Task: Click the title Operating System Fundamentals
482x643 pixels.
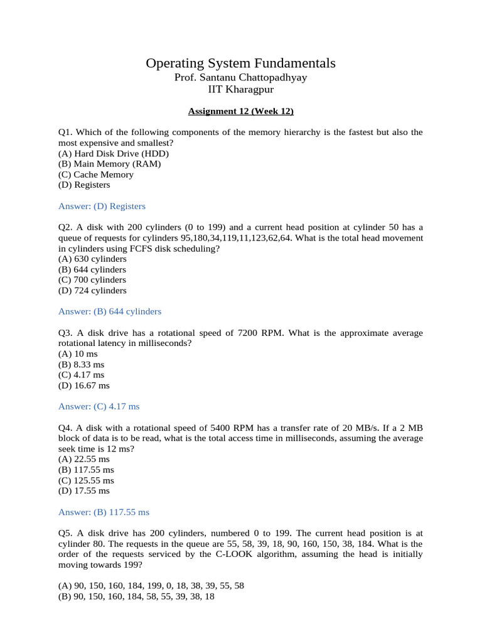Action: pyautogui.click(x=240, y=63)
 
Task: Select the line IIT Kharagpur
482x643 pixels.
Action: pyautogui.click(x=240, y=89)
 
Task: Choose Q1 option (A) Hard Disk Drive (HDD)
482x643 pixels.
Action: pyautogui.click(x=113, y=153)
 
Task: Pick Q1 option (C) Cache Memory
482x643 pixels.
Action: pyautogui.click(x=95, y=175)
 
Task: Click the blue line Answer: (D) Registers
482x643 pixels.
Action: pyautogui.click(x=102, y=206)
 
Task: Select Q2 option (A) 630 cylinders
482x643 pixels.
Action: pyautogui.click(x=92, y=259)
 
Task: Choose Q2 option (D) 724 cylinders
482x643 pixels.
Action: pyautogui.click(x=92, y=291)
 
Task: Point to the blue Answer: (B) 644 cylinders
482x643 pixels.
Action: pyautogui.click(x=110, y=311)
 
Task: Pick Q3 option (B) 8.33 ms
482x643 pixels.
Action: pyautogui.click(x=81, y=364)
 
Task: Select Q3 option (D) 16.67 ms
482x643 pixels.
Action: pyautogui.click(x=83, y=386)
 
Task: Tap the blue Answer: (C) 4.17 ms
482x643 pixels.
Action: pyautogui.click(x=99, y=407)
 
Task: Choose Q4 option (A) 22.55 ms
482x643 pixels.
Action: pyautogui.click(x=83, y=459)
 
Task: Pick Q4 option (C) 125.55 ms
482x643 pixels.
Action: pyautogui.click(x=86, y=480)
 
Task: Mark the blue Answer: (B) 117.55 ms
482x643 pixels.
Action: pyautogui.click(x=104, y=512)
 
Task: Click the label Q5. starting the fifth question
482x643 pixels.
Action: pyautogui.click(x=66, y=533)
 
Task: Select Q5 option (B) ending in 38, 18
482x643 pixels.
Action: pyautogui.click(x=136, y=597)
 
